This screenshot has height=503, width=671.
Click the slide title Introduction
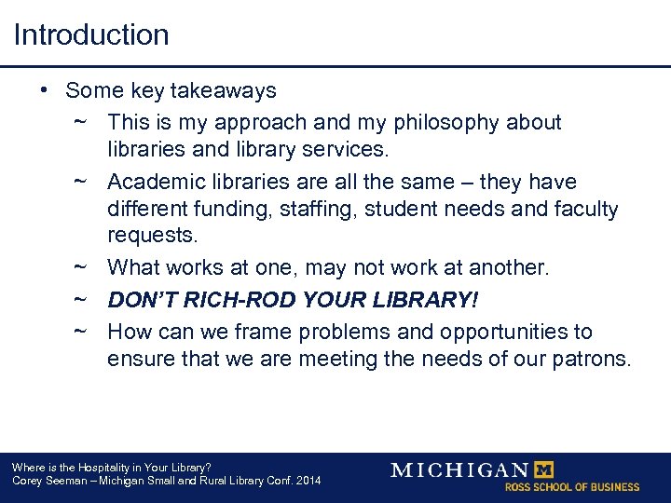point(91,35)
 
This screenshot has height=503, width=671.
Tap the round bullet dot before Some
point(44,90)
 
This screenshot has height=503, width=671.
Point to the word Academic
point(153,183)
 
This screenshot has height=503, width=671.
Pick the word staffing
point(308,209)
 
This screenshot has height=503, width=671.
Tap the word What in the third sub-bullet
point(132,268)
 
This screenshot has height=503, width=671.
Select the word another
point(509,268)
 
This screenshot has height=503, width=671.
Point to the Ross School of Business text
point(572,487)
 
